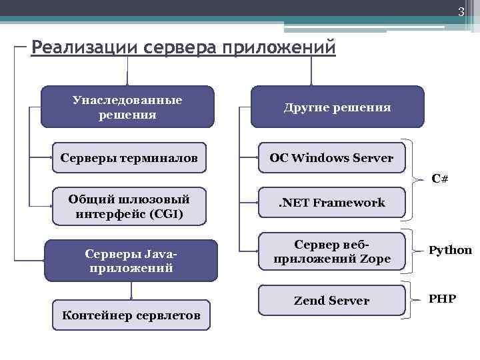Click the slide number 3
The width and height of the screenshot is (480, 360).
pyautogui.click(x=460, y=12)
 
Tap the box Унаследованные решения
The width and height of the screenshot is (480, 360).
pyautogui.click(x=127, y=107)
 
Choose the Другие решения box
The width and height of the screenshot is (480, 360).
pyautogui.click(x=337, y=107)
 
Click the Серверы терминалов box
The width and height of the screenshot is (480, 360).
pyautogui.click(x=129, y=158)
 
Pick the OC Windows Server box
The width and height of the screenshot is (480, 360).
pyautogui.click(x=331, y=158)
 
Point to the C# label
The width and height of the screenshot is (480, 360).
pyautogui.click(x=439, y=178)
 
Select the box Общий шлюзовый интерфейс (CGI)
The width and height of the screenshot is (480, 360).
pyautogui.click(x=129, y=207)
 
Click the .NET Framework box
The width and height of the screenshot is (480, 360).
pyautogui.click(x=331, y=203)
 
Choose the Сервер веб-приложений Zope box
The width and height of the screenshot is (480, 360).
pyautogui.click(x=331, y=251)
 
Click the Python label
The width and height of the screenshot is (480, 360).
pyautogui.click(x=450, y=250)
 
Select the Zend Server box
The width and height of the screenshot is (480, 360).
pyautogui.click(x=331, y=301)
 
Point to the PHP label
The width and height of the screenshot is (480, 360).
pyautogui.click(x=442, y=298)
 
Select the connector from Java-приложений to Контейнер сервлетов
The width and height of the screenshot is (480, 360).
pyautogui.click(x=131, y=291)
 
